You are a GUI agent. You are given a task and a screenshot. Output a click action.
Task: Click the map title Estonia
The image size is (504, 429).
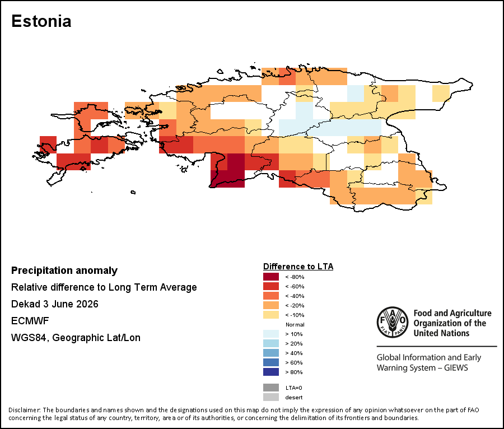coord(41,21)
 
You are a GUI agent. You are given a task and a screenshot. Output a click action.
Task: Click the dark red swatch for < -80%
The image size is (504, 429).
coord(271,277)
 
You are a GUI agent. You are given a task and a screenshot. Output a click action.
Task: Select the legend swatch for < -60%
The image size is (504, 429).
coord(271,286)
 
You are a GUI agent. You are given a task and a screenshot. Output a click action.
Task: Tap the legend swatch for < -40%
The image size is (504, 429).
coord(271,296)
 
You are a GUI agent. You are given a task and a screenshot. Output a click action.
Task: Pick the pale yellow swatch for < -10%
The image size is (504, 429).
coord(271,315)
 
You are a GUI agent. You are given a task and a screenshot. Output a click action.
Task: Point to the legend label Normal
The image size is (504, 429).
coord(295,325)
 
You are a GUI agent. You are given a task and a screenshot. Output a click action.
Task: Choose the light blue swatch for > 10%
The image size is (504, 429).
coord(271,334)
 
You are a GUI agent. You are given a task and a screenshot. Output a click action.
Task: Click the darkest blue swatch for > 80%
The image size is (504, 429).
coord(271,372)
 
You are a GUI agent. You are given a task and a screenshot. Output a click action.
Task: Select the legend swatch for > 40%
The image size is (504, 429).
coord(271,353)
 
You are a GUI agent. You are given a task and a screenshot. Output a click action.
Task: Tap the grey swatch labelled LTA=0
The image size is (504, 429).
coord(271,388)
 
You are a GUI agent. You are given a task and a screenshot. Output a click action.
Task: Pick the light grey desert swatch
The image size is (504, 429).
coord(271,397)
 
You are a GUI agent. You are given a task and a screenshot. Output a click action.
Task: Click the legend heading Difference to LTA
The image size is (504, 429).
coord(298,267)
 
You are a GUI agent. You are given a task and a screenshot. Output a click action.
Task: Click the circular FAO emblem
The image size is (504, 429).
coord(393,323)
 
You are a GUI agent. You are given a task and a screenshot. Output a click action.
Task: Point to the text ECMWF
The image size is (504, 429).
coord(30,321)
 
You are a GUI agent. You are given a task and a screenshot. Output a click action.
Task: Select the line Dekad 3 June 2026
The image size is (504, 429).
coord(55,304)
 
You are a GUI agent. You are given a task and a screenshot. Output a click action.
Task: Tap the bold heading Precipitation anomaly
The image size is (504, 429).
coord(64,271)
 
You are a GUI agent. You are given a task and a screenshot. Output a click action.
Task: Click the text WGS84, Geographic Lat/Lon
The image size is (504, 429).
coord(76,338)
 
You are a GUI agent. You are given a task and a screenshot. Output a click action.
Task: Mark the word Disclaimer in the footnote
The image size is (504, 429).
coord(24,410)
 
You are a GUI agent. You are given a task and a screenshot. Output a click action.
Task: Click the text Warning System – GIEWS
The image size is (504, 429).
coord(422,367)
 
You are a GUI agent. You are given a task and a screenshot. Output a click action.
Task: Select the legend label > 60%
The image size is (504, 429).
coord(294,363)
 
